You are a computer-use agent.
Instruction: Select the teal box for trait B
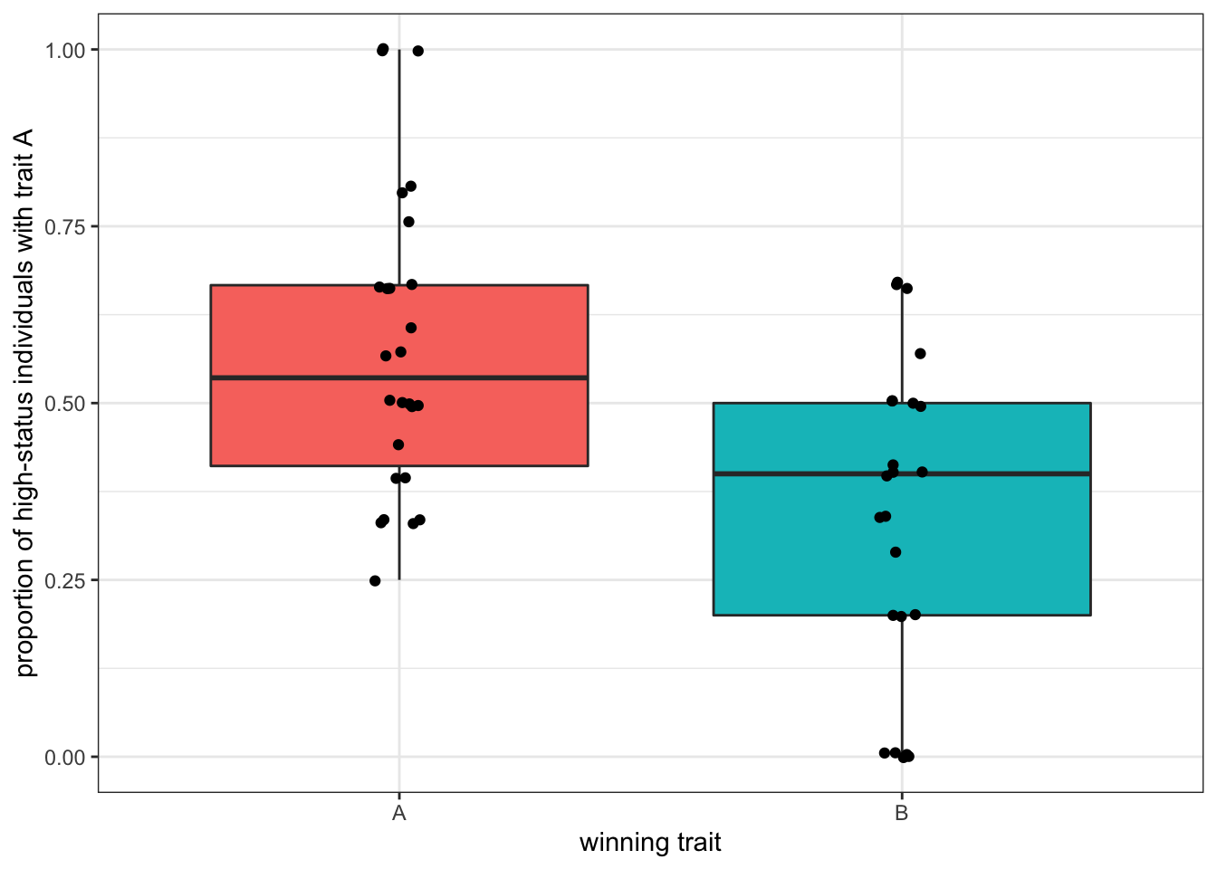click(996, 543)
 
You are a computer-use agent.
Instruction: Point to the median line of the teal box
click(996, 473)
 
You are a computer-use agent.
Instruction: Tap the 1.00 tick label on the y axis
click(65, 50)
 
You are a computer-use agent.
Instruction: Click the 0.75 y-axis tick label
click(65, 226)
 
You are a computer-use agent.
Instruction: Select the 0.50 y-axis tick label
click(65, 403)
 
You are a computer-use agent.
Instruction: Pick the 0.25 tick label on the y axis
click(65, 580)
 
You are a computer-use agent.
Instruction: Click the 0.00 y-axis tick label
click(65, 757)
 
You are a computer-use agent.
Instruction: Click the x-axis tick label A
click(398, 813)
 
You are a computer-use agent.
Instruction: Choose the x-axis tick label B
click(901, 813)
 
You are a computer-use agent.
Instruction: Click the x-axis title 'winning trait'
click(650, 843)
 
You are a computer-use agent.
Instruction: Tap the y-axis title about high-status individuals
click(24, 403)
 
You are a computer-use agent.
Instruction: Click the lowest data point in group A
click(375, 581)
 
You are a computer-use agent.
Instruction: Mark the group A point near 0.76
click(408, 222)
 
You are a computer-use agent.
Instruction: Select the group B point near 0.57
click(920, 353)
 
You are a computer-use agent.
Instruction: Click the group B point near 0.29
click(896, 552)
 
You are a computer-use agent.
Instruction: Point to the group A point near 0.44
click(398, 444)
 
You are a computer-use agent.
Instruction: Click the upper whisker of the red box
click(399, 136)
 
